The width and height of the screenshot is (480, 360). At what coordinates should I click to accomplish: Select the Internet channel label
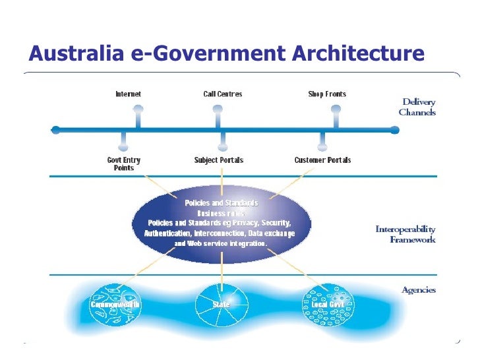click(128, 94)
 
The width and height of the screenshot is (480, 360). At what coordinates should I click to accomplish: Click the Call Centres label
click(222, 94)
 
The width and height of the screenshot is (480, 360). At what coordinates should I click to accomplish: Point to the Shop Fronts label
click(327, 94)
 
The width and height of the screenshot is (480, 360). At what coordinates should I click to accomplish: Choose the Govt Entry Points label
click(123, 164)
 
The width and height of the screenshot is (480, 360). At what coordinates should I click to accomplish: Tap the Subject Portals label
click(219, 160)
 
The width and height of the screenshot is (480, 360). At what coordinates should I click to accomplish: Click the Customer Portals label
click(322, 160)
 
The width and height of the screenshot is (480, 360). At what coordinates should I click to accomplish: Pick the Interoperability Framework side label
click(405, 234)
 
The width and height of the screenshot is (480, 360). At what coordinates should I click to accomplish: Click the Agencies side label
click(418, 290)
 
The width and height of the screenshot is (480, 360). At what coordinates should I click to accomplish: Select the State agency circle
click(221, 305)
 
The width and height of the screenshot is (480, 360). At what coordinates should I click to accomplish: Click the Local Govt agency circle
click(327, 305)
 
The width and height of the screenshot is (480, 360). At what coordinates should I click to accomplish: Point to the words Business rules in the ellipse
click(221, 213)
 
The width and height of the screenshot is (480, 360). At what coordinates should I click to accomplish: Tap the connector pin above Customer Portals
click(322, 140)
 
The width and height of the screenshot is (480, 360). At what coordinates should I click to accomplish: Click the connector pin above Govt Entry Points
click(123, 140)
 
